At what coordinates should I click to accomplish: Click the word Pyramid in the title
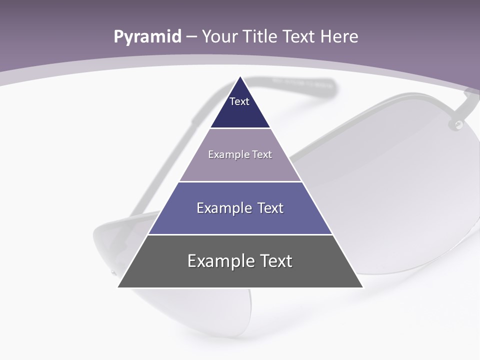coord(147,37)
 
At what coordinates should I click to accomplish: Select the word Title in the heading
coord(261,36)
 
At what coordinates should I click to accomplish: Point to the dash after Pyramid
coord(191,37)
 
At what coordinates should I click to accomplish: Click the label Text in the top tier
coord(239,101)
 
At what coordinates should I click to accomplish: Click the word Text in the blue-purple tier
coord(268,208)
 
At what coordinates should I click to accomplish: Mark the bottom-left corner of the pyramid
coord(118,287)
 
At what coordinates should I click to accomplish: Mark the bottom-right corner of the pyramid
coord(362,287)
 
